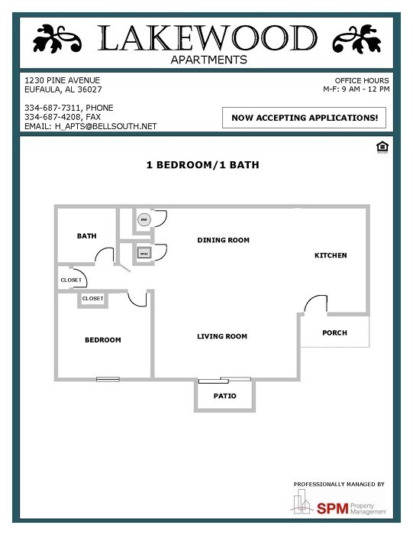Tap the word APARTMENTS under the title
208,59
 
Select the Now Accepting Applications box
304,118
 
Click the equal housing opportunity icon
383,147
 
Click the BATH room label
86,236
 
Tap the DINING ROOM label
223,240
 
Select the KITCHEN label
331,255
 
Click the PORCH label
334,333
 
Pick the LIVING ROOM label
222,336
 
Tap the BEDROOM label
102,340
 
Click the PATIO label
224,396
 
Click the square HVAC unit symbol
143,251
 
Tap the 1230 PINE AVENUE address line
62,80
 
